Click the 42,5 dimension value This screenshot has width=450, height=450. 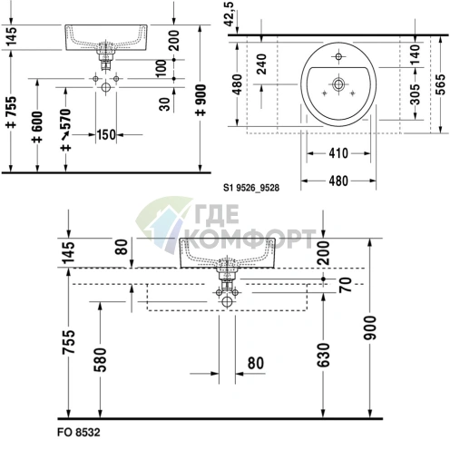[230, 14]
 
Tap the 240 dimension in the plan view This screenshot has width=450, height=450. [261, 64]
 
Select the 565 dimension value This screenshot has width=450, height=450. [441, 84]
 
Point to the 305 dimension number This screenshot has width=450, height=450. [416, 94]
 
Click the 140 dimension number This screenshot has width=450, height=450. [416, 55]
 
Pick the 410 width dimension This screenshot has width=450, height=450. [338, 153]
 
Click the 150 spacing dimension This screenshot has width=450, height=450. [106, 134]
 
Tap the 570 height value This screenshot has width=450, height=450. [65, 119]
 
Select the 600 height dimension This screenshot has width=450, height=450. [37, 122]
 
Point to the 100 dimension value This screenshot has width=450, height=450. [162, 68]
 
